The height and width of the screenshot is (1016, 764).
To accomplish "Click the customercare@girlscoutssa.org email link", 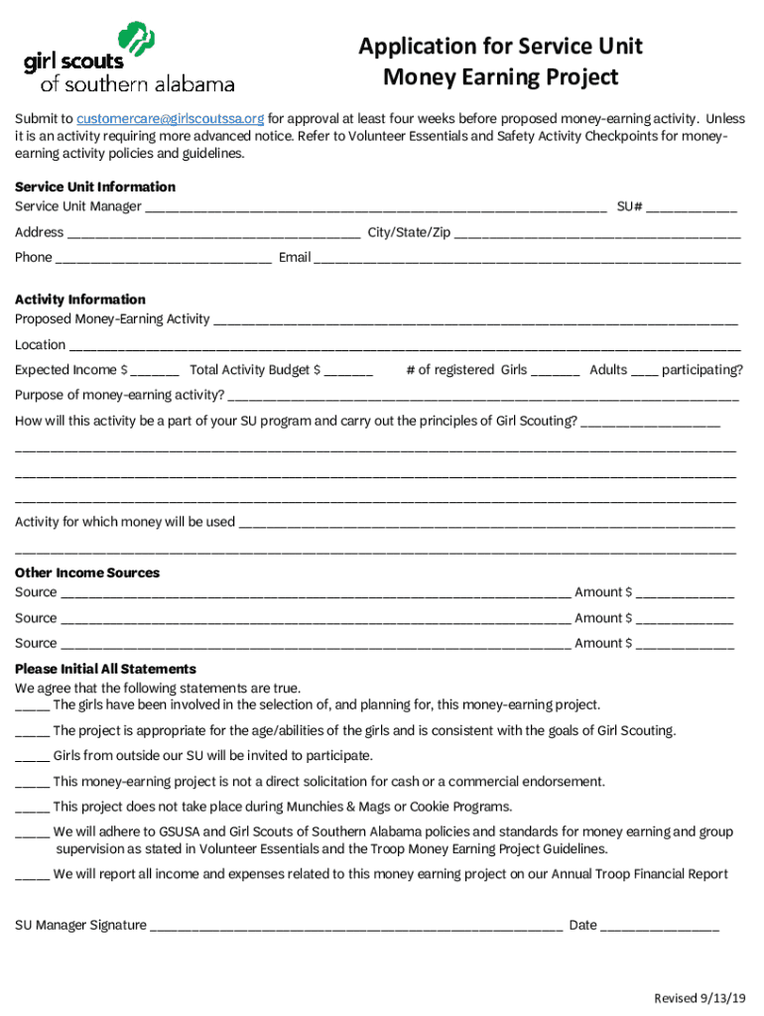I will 171,119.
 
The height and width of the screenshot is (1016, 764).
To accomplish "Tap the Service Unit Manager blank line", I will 376,208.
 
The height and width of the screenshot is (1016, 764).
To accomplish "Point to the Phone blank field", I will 164,259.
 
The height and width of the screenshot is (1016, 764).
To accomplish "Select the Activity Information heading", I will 79,300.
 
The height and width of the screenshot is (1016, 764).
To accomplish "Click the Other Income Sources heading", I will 86,573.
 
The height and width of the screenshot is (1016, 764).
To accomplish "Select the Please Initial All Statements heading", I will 105,670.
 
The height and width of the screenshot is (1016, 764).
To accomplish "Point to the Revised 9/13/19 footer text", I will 700,997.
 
